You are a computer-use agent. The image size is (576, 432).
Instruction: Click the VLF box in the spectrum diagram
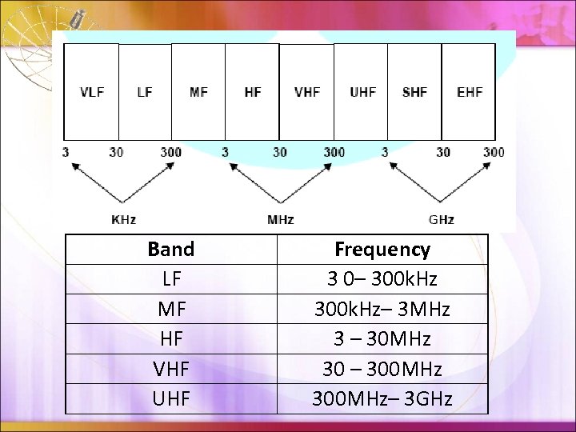pos(92,92)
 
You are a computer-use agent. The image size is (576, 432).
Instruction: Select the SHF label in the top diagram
pos(414,92)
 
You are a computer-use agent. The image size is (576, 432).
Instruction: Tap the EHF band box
pos(470,92)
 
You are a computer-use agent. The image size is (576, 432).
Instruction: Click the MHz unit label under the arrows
pos(280,219)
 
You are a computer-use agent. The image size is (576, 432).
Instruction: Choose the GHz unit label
pos(442,219)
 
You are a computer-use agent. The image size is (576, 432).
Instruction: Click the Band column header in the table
pos(171,249)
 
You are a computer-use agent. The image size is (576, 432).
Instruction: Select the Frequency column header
pos(382,249)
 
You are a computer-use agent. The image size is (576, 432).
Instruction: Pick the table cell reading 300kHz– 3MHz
pos(382,309)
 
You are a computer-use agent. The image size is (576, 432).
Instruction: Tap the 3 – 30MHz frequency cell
pos(382,339)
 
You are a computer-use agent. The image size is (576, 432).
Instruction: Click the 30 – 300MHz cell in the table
pos(382,369)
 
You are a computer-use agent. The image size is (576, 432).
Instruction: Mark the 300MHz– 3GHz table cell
pos(382,398)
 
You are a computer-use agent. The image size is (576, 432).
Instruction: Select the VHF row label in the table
pos(171,369)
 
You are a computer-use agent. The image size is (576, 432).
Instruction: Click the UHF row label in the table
pos(171,398)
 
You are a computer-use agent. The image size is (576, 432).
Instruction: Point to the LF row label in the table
pos(171,279)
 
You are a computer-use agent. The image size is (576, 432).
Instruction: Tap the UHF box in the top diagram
pos(362,92)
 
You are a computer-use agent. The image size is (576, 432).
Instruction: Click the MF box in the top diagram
pos(198,92)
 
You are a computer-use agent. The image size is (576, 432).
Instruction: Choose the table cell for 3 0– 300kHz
pos(382,279)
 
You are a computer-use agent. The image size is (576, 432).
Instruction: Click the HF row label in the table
pos(171,339)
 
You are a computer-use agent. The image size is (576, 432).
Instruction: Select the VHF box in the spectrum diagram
pos(307,92)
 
